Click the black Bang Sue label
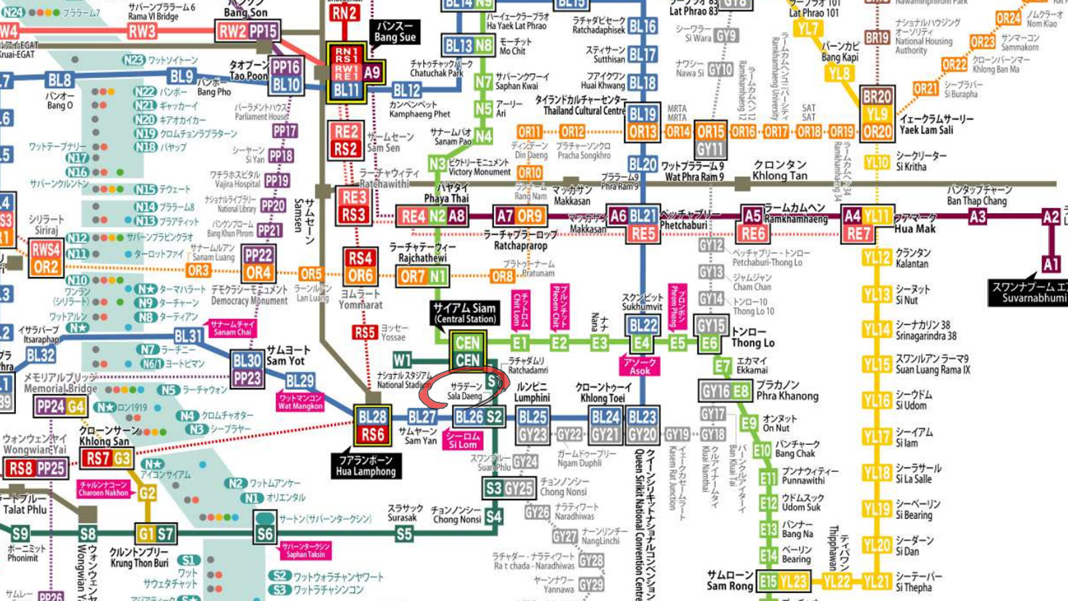click(395, 31)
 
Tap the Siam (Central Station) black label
click(465, 313)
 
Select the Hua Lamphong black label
click(366, 465)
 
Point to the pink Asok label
click(639, 365)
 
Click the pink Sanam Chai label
click(232, 327)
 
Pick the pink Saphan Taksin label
click(305, 550)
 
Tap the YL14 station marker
click(876, 329)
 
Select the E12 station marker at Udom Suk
click(768, 503)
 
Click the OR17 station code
click(776, 132)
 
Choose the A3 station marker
click(977, 216)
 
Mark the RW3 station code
click(142, 31)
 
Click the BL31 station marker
click(188, 336)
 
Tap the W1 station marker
click(402, 360)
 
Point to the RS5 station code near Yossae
click(364, 332)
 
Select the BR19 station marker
click(876, 38)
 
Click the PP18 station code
click(280, 156)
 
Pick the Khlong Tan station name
click(780, 170)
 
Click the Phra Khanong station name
click(788, 391)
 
